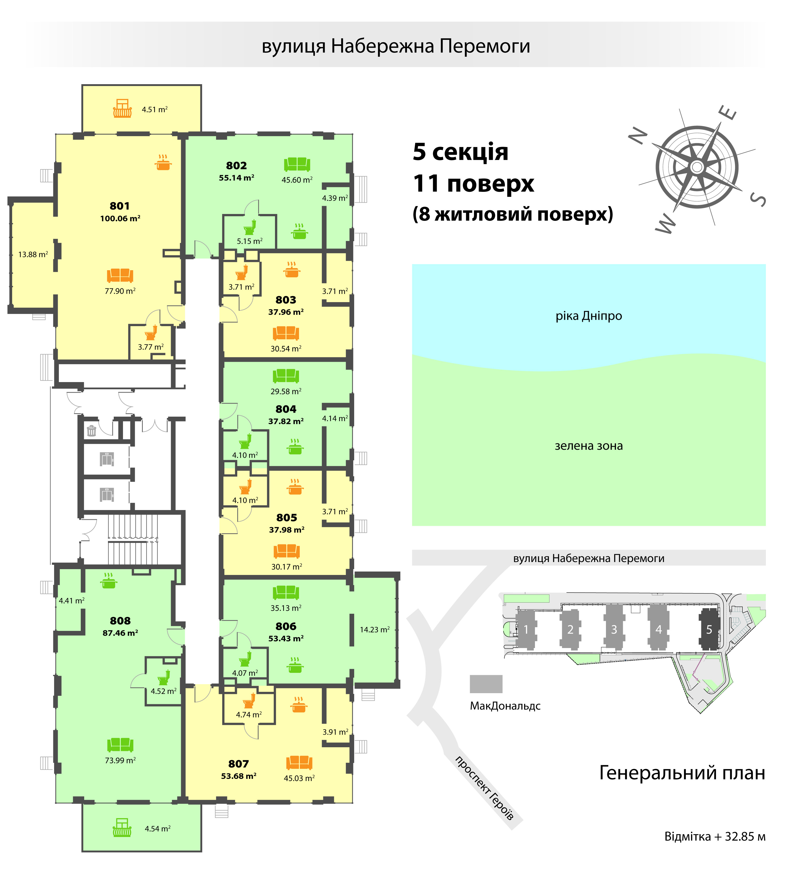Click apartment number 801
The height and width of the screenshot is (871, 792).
pyautogui.click(x=120, y=206)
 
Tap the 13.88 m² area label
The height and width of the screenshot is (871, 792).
pyautogui.click(x=33, y=254)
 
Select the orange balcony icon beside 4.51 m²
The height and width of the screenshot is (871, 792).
pyautogui.click(x=122, y=108)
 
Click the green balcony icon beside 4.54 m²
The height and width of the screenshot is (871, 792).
pyautogui.click(x=122, y=827)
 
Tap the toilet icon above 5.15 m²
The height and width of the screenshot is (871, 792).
pyautogui.click(x=250, y=227)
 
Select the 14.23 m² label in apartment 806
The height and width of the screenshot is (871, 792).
pyautogui.click(x=374, y=630)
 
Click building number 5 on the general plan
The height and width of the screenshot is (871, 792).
pyautogui.click(x=709, y=630)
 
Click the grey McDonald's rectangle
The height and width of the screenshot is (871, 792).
pyautogui.click(x=486, y=684)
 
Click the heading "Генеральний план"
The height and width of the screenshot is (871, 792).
pyautogui.click(x=682, y=773)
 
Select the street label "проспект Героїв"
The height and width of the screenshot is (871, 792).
pyautogui.click(x=484, y=788)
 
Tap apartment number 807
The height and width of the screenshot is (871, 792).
pyautogui.click(x=239, y=764)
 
